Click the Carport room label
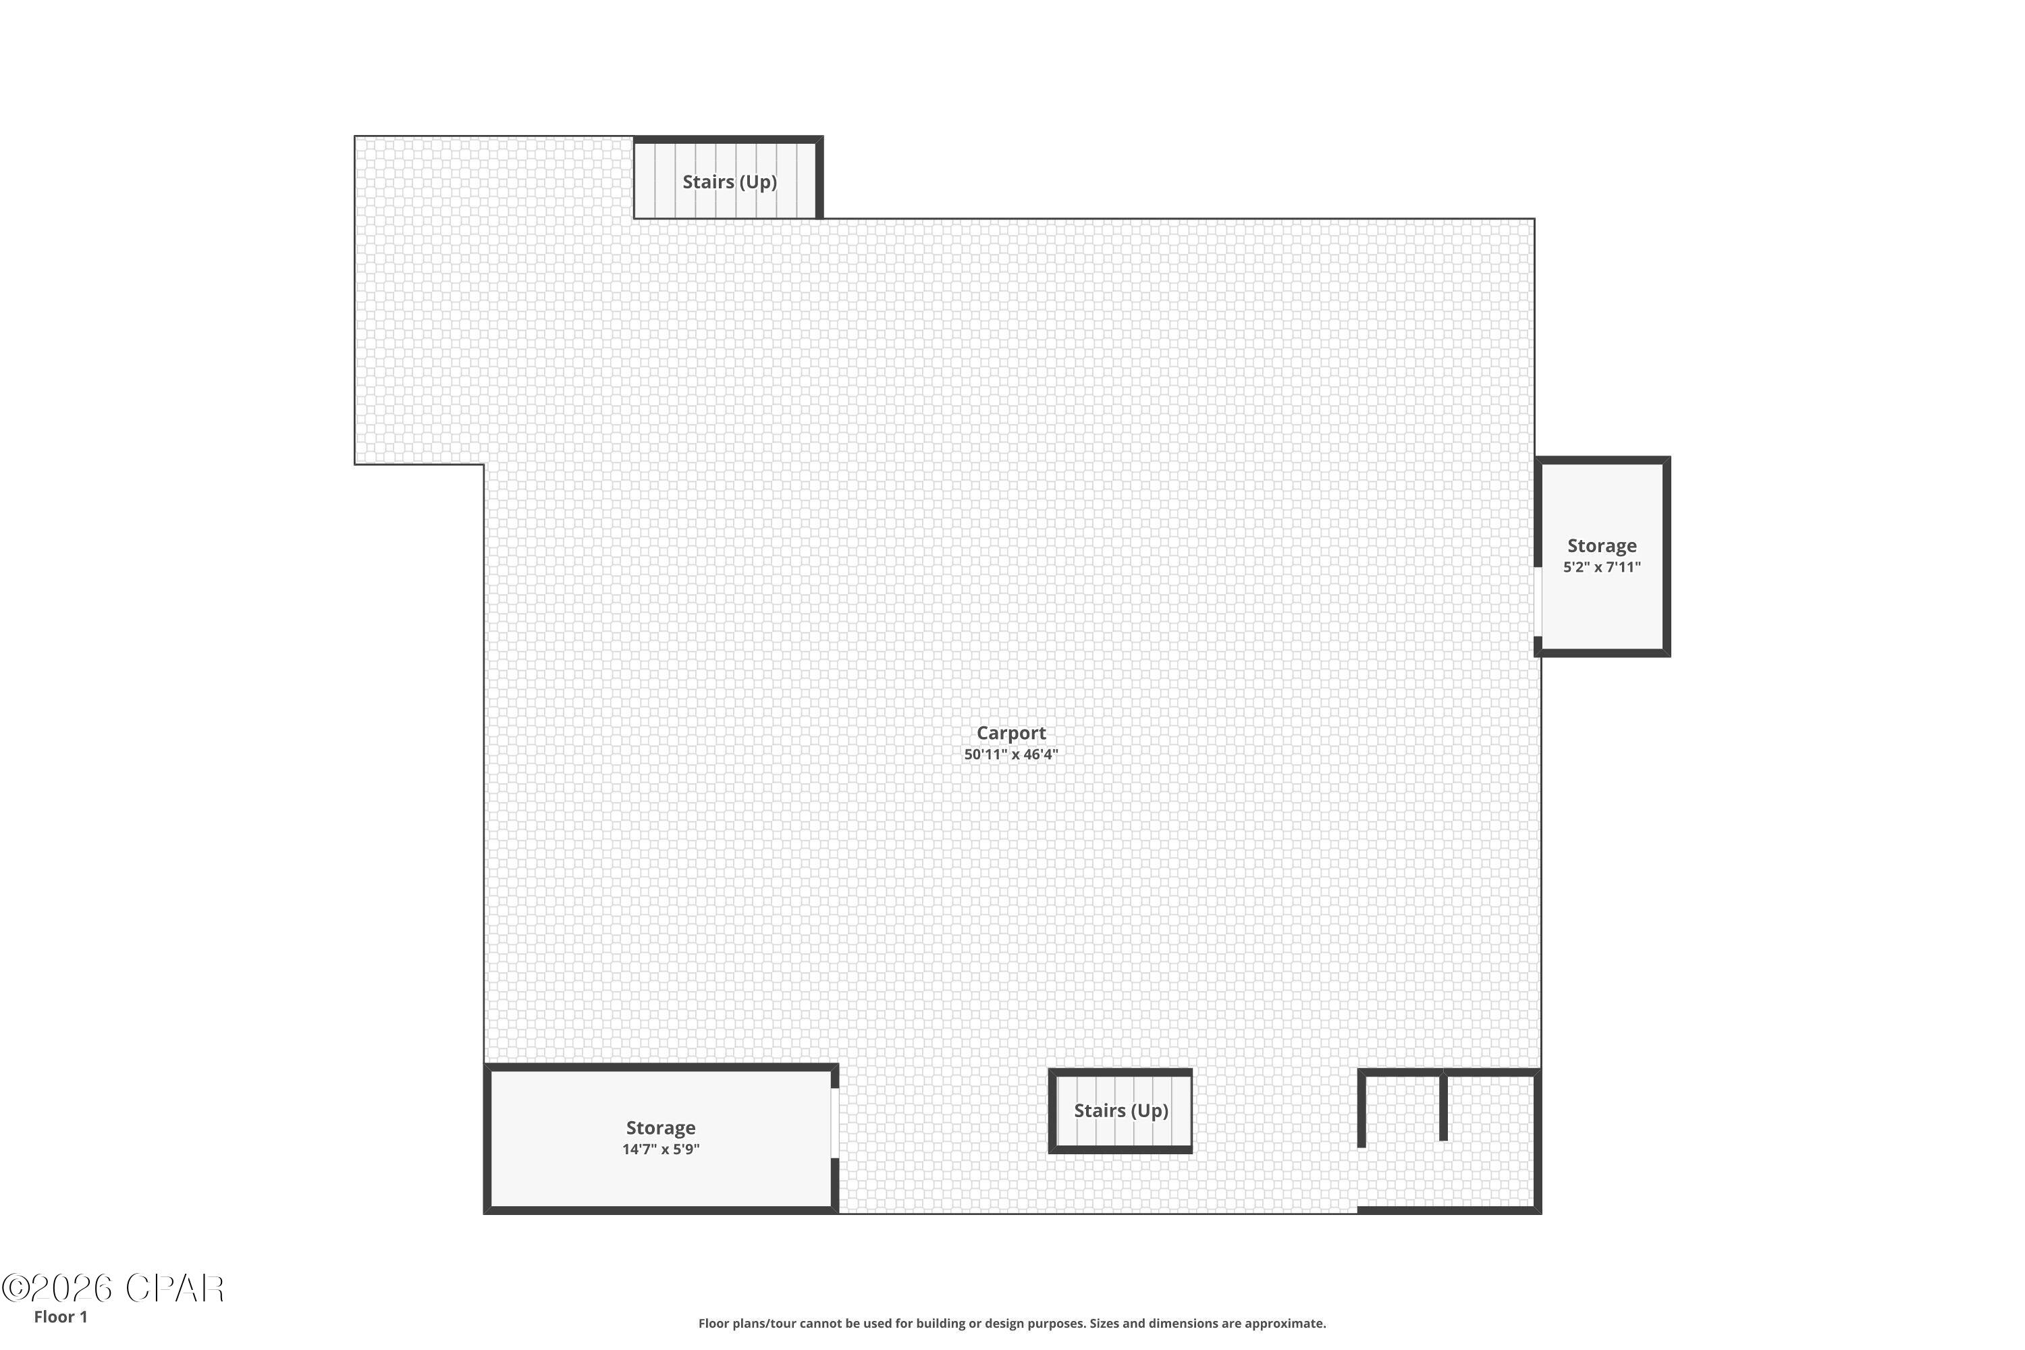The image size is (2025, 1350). click(x=1010, y=732)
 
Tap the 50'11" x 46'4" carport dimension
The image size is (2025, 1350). click(x=1010, y=754)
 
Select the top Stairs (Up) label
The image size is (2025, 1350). click(x=729, y=182)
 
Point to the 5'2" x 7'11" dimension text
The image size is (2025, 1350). click(x=1601, y=568)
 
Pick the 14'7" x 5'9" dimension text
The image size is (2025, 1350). click(x=660, y=1150)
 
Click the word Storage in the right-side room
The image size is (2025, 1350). click(x=1601, y=546)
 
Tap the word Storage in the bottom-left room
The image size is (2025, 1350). click(x=660, y=1128)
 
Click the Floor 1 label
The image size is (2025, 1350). click(x=60, y=1316)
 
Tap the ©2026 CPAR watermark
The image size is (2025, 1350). click(x=112, y=1289)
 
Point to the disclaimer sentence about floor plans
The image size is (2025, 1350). click(x=1012, y=1323)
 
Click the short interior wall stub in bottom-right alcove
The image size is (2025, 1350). click(x=1443, y=1106)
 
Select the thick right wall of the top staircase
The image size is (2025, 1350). click(x=819, y=178)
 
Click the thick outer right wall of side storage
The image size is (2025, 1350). click(x=1666, y=557)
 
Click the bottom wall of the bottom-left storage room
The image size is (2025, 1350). click(x=660, y=1210)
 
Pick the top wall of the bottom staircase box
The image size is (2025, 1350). click(x=1120, y=1073)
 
